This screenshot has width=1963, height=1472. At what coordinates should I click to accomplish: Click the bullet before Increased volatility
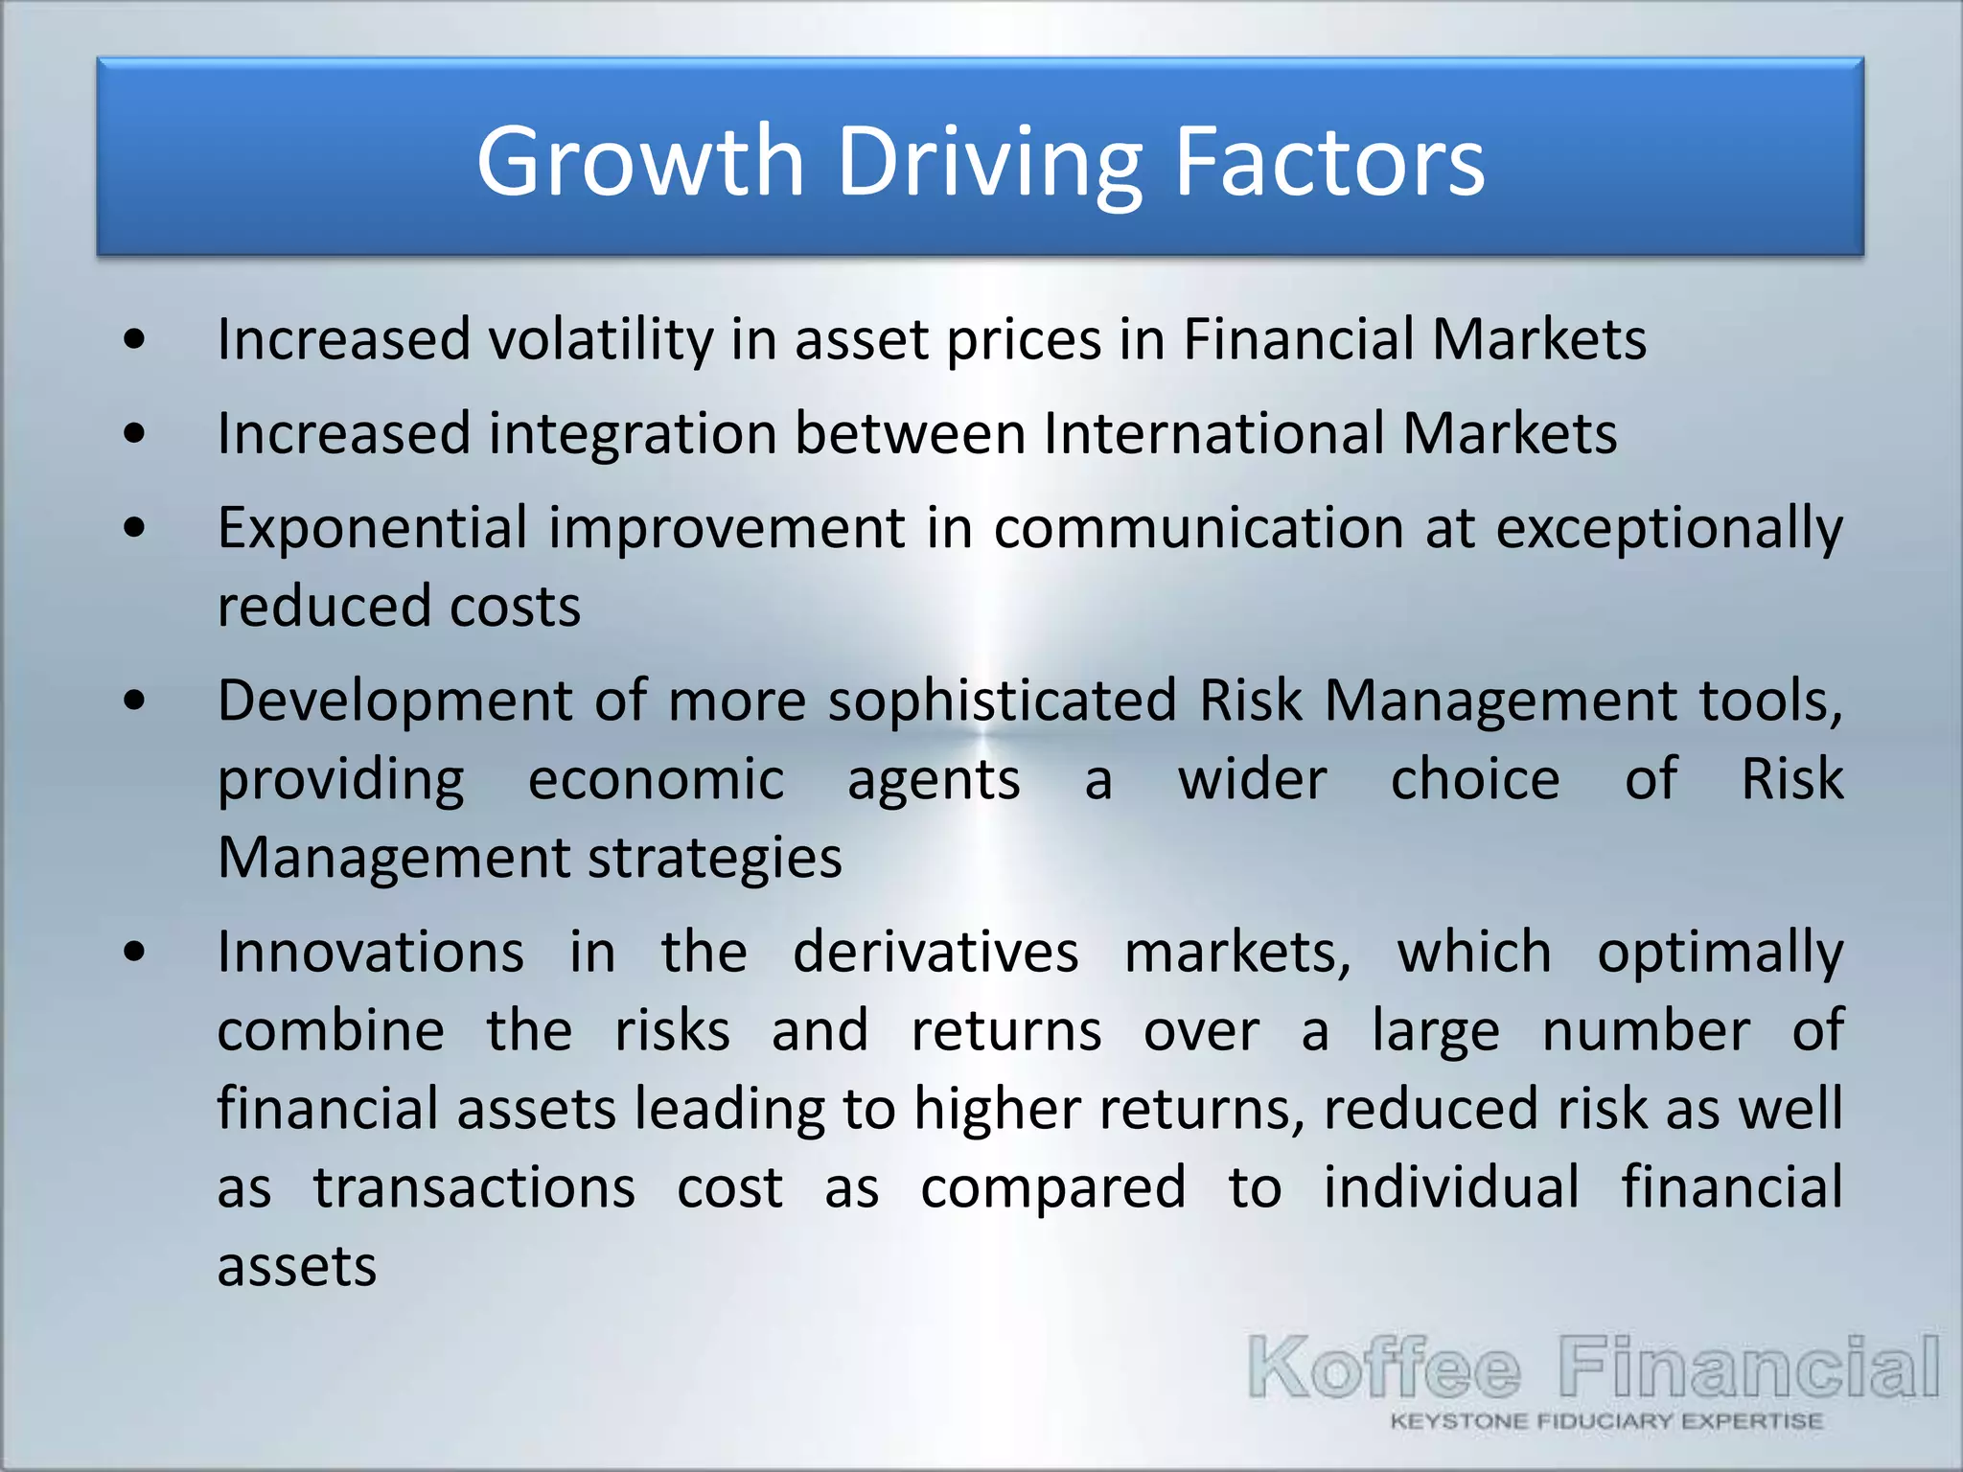[135, 339]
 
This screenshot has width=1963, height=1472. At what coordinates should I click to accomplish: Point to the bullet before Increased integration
[135, 433]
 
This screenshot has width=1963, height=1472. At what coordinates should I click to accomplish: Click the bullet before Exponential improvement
[135, 527]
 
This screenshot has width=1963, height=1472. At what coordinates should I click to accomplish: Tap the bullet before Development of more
[135, 701]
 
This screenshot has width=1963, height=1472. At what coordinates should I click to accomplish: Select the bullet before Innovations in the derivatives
[135, 952]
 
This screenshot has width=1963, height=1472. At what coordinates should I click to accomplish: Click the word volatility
[601, 339]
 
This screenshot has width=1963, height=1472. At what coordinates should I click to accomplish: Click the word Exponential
[372, 527]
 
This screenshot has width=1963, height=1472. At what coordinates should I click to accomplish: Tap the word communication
[1198, 527]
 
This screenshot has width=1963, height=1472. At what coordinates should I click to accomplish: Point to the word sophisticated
[1002, 701]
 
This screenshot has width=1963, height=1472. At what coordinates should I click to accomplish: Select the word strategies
[714, 858]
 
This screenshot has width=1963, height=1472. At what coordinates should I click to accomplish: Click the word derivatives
[935, 952]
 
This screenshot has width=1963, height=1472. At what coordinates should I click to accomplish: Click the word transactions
[474, 1187]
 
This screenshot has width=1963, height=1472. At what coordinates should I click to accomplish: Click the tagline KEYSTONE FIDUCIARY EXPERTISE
[1606, 1421]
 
